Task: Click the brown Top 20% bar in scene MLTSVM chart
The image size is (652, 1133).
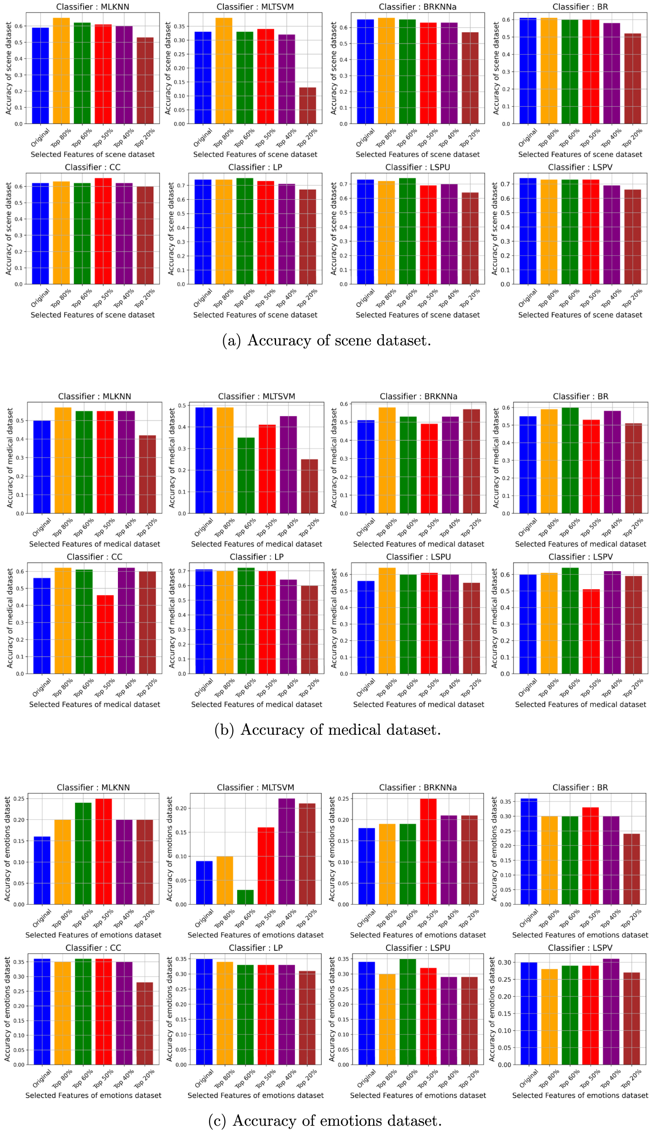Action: click(x=308, y=105)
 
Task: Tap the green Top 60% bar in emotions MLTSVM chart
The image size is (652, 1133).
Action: click(x=245, y=897)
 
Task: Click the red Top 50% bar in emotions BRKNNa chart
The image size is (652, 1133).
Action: click(x=428, y=851)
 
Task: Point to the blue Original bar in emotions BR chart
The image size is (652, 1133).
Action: click(x=529, y=851)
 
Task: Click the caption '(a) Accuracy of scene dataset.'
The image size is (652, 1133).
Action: click(x=326, y=340)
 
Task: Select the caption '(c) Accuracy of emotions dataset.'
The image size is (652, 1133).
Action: click(x=325, y=1121)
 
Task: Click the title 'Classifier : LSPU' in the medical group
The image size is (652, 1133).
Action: click(x=418, y=557)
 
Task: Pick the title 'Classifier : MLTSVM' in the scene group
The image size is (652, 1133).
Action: click(x=255, y=7)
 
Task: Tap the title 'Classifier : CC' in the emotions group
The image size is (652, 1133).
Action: click(x=93, y=948)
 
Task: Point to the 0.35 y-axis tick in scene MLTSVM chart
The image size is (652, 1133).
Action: click(x=179, y=26)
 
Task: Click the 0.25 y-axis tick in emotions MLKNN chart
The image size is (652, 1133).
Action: click(x=18, y=799)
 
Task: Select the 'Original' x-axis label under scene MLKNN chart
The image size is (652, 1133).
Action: click(x=41, y=138)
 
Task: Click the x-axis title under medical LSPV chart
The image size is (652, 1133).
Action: click(x=580, y=704)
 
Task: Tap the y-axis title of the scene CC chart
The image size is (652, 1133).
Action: click(x=8, y=228)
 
